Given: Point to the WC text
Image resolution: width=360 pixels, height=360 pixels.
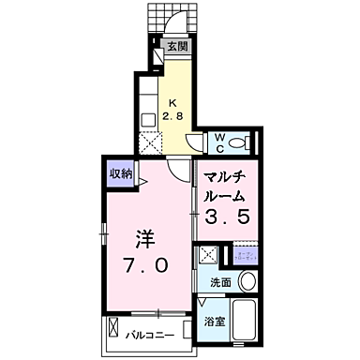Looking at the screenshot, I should [x=218, y=142].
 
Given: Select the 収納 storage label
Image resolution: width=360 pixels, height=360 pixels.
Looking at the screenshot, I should [x=120, y=172].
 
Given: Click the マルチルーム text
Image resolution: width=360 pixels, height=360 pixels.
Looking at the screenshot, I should [x=225, y=187].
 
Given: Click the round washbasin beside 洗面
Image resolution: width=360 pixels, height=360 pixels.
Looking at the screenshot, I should [x=248, y=280].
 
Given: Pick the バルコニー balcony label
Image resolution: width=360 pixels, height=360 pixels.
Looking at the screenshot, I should [x=153, y=333].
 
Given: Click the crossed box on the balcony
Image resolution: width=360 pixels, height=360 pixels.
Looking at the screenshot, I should [x=112, y=333].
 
